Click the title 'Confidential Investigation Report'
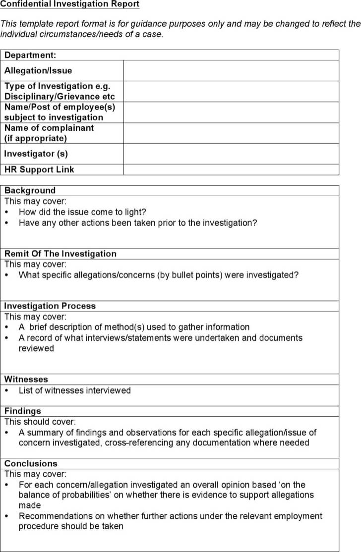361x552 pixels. tap(69, 4)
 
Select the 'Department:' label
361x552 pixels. tap(30, 55)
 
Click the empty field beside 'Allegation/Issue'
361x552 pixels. tap(231, 70)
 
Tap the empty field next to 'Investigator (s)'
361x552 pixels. tap(231, 154)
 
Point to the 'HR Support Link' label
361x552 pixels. tap(39, 169)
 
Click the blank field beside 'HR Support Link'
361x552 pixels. tap(231, 169)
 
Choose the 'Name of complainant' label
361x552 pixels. tap(49, 128)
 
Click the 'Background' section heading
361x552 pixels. tap(30, 190)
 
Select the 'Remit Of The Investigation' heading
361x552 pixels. tap(60, 254)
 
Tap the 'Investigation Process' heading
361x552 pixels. tap(50, 306)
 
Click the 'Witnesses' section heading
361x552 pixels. tap(26, 379)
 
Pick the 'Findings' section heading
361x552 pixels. tap(23, 411)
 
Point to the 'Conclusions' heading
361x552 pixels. tap(31, 463)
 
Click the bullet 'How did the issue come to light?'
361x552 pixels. tap(82, 212)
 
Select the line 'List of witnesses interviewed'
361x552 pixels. tap(75, 390)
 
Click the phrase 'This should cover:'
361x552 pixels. tap(40, 422)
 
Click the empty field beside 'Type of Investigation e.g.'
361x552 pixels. tap(231, 91)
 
